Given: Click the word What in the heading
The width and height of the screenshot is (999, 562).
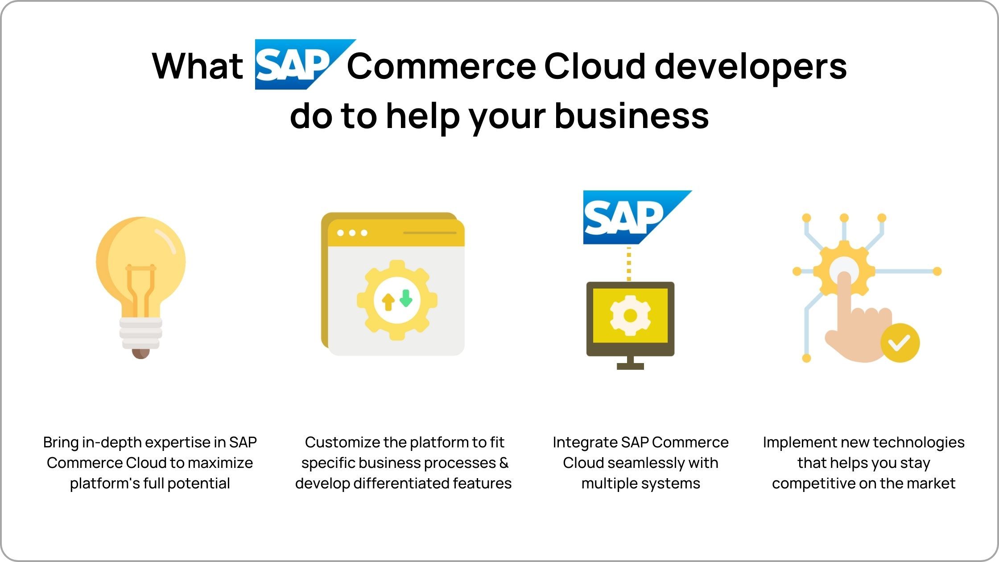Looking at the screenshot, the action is pyautogui.click(x=198, y=66).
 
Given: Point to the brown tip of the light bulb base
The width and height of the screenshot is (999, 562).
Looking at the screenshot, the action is pyautogui.click(x=140, y=354).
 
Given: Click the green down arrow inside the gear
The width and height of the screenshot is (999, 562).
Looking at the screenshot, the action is pyautogui.click(x=406, y=298).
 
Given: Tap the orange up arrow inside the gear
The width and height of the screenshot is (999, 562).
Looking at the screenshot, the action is pyautogui.click(x=388, y=302).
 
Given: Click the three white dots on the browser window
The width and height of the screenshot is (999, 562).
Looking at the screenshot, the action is pyautogui.click(x=352, y=233).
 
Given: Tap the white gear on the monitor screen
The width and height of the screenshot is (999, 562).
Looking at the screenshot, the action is pyautogui.click(x=630, y=315).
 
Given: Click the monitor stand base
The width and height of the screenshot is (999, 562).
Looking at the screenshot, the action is pyautogui.click(x=630, y=366).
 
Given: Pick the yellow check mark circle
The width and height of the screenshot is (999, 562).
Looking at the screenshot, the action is pyautogui.click(x=900, y=343).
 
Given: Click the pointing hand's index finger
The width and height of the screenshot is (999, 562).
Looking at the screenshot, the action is pyautogui.click(x=844, y=295).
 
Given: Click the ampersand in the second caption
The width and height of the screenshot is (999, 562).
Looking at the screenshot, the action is pyautogui.click(x=504, y=463).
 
